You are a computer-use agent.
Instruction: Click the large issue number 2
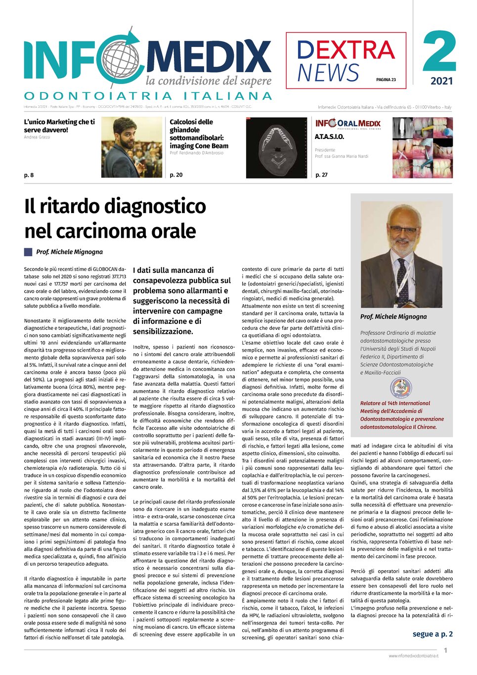click(x=439, y=52)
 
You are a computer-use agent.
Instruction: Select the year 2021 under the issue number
click(x=441, y=81)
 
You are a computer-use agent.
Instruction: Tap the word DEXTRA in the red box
click(x=346, y=50)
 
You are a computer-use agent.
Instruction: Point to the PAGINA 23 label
click(x=386, y=80)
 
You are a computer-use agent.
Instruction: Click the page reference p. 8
click(x=29, y=175)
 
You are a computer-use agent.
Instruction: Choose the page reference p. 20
click(x=176, y=175)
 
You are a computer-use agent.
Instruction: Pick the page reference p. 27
click(x=321, y=175)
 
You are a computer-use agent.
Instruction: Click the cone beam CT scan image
click(x=276, y=148)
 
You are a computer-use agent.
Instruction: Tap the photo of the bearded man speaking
click(x=131, y=147)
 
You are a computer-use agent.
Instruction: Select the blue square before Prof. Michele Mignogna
click(x=28, y=252)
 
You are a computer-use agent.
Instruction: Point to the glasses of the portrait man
click(x=403, y=229)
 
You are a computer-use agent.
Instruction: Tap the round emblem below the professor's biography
click(x=401, y=388)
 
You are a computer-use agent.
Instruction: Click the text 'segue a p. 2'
click(x=433, y=634)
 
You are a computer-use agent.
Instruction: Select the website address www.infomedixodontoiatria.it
click(x=413, y=656)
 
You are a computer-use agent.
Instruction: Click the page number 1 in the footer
click(x=445, y=651)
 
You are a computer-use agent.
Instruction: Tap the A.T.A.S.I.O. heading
click(x=329, y=136)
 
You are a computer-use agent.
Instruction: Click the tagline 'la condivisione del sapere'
click(x=208, y=81)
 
